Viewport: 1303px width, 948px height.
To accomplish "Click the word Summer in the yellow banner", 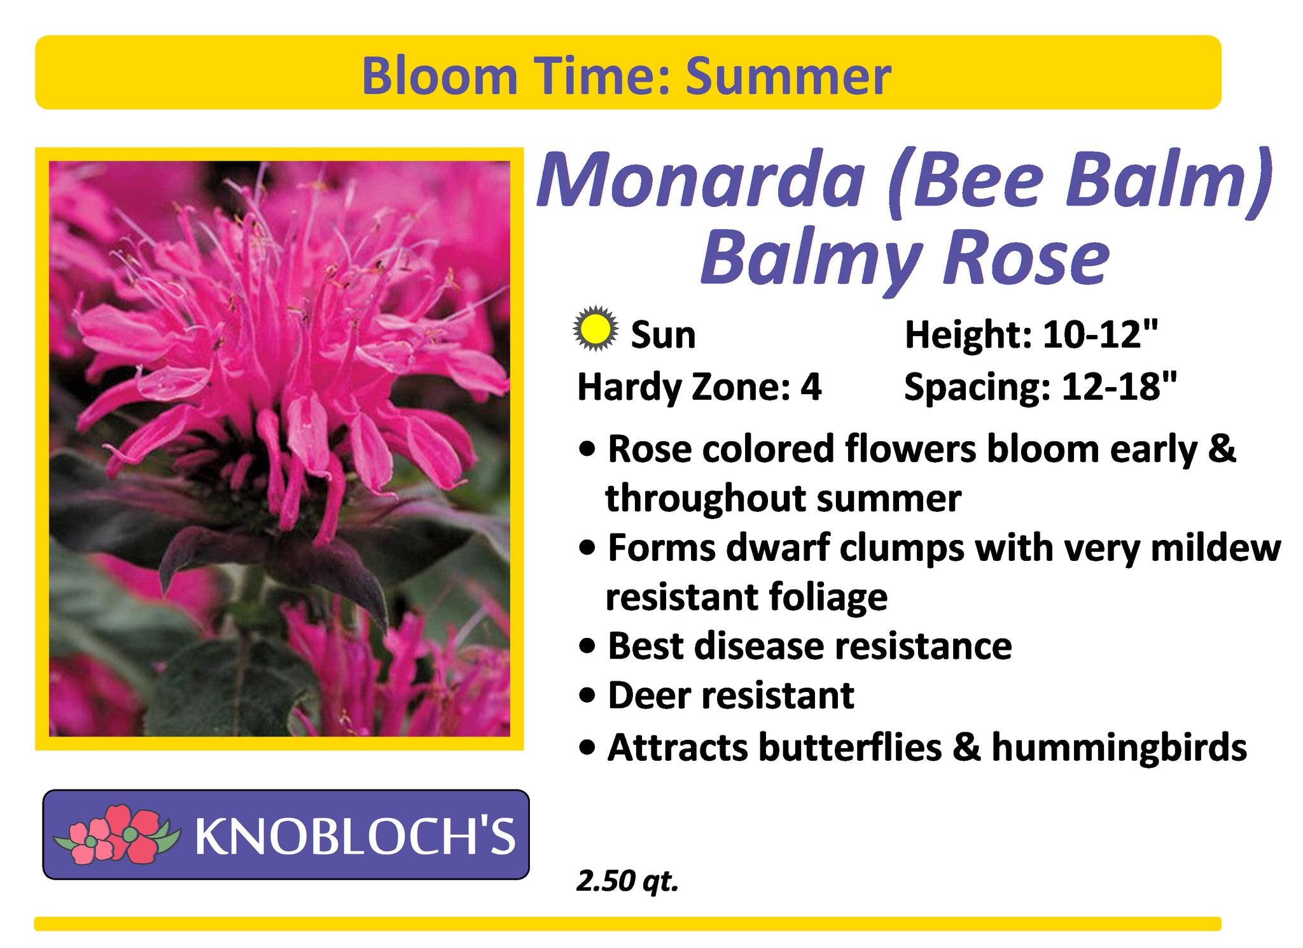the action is (788, 76).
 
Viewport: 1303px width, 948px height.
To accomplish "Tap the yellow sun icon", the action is (595, 329).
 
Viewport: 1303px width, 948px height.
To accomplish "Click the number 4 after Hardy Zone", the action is (811, 387).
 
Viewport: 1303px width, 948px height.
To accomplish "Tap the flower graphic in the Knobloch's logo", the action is (117, 835).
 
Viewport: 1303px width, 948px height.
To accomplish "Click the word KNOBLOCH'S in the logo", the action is (355, 836).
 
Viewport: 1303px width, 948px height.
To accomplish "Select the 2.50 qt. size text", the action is (627, 882).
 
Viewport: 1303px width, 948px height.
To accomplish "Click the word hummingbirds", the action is (1119, 747).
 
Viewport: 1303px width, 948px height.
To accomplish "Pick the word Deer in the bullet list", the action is (650, 695).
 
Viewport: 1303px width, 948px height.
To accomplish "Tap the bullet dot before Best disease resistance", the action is (589, 647).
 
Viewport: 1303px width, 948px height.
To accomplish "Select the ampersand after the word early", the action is (1221, 449).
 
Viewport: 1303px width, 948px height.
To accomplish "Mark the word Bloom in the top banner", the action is (440, 76).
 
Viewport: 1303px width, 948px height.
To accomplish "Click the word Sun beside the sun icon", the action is (663, 335).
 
